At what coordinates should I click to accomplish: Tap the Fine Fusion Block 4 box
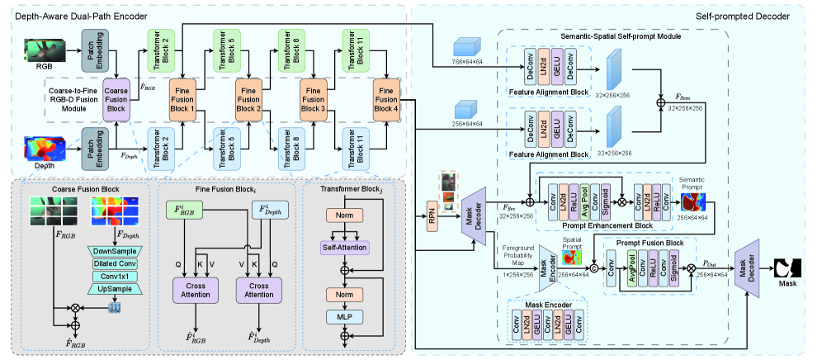point(386,98)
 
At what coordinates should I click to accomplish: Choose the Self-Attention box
point(342,248)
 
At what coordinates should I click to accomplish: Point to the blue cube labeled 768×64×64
point(468,48)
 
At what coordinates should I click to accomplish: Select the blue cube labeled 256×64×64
point(468,109)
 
